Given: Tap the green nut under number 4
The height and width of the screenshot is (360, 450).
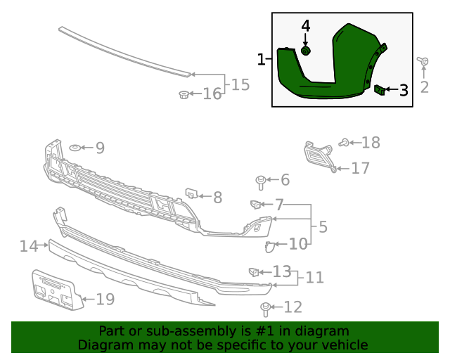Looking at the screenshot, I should pyautogui.click(x=306, y=51).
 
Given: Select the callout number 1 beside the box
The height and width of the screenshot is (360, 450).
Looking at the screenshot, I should pyautogui.click(x=262, y=60).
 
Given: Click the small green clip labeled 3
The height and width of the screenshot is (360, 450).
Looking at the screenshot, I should pyautogui.click(x=378, y=89).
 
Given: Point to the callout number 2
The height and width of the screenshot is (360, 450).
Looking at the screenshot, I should pyautogui.click(x=424, y=87).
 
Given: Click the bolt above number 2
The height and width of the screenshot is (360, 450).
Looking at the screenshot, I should pyautogui.click(x=424, y=63).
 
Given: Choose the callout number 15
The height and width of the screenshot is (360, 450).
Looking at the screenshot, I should pyautogui.click(x=240, y=85).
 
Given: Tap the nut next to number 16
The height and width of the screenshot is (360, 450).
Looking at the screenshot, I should pyautogui.click(x=184, y=94).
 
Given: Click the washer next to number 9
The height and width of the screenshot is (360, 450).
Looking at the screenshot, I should pyautogui.click(x=74, y=148).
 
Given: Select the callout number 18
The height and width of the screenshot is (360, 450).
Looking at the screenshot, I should pyautogui.click(x=371, y=143).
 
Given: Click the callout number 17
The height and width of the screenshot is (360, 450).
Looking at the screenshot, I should pyautogui.click(x=361, y=168).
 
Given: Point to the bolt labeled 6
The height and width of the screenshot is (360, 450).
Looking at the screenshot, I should pyautogui.click(x=261, y=182).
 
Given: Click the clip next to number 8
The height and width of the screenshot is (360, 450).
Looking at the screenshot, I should pyautogui.click(x=191, y=193).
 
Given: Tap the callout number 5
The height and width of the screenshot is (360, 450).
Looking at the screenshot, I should pyautogui.click(x=323, y=227).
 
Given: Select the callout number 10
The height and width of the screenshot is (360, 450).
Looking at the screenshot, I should pyautogui.click(x=298, y=244).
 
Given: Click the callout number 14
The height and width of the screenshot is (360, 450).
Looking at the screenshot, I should pyautogui.click(x=29, y=246).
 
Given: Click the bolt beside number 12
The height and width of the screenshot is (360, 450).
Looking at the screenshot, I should pyautogui.click(x=266, y=307).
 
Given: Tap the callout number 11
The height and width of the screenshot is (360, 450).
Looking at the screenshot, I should pyautogui.click(x=314, y=278).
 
